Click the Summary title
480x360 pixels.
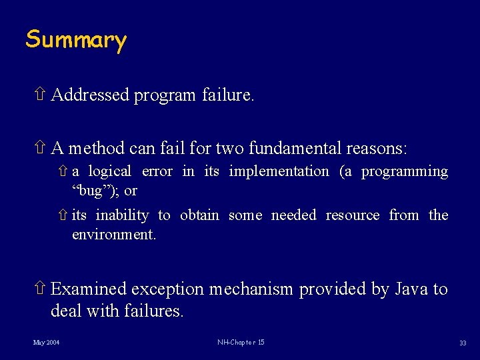(x=75, y=40)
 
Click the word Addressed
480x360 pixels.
(x=90, y=95)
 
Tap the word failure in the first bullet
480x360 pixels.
(x=227, y=95)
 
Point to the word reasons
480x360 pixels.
(x=375, y=147)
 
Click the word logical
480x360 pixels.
(x=109, y=171)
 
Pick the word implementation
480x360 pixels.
(x=279, y=171)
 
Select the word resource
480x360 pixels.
(x=353, y=215)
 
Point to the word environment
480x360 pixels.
(x=114, y=235)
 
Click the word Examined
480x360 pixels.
(x=89, y=289)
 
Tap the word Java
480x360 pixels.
(x=411, y=289)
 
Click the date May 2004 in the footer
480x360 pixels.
(x=46, y=343)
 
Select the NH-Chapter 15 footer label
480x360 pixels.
(x=241, y=343)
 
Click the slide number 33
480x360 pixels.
(x=462, y=343)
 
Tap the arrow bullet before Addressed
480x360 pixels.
(x=40, y=95)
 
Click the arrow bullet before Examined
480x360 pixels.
(x=40, y=289)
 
